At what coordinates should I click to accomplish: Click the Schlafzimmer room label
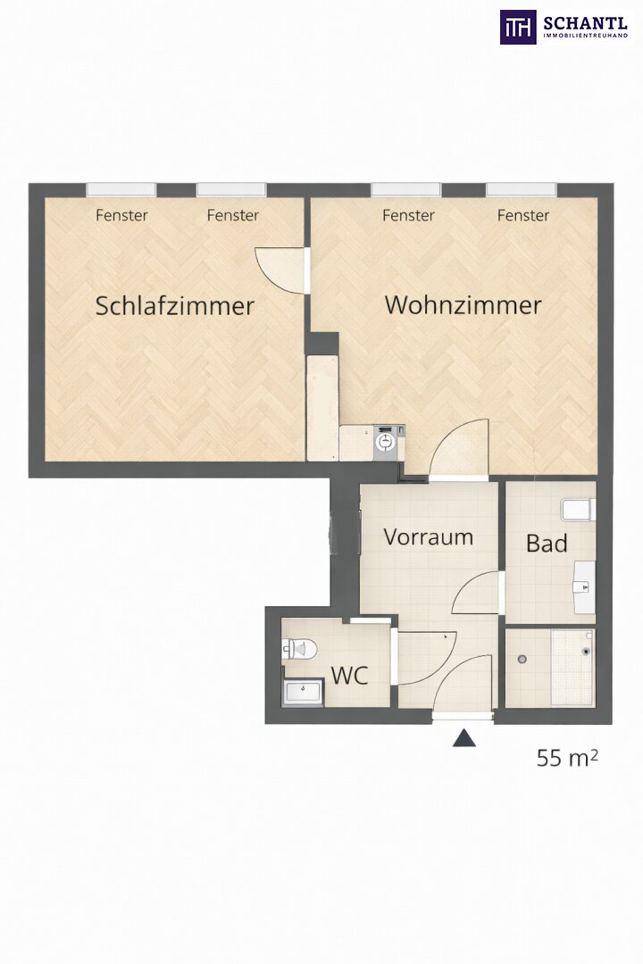(175, 306)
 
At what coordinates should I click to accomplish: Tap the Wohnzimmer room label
(463, 305)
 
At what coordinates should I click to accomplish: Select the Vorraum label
(429, 536)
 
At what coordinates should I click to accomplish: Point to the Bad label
(547, 544)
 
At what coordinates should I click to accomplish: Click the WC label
(349, 676)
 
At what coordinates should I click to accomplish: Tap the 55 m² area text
(567, 758)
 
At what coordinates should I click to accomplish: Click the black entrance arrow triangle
(464, 738)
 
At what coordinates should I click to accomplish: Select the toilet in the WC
(299, 649)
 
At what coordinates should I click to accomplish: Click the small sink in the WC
(304, 693)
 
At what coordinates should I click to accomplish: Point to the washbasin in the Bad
(584, 587)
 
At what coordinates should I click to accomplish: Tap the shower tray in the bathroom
(572, 667)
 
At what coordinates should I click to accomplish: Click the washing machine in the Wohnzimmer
(387, 441)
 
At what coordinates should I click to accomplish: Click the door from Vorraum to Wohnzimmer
(458, 447)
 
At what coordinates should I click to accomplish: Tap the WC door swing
(426, 657)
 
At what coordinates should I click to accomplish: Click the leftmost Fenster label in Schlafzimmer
(121, 215)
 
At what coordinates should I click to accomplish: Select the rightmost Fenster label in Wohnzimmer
(523, 215)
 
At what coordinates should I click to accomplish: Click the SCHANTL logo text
(585, 24)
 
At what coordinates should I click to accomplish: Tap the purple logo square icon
(517, 27)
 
